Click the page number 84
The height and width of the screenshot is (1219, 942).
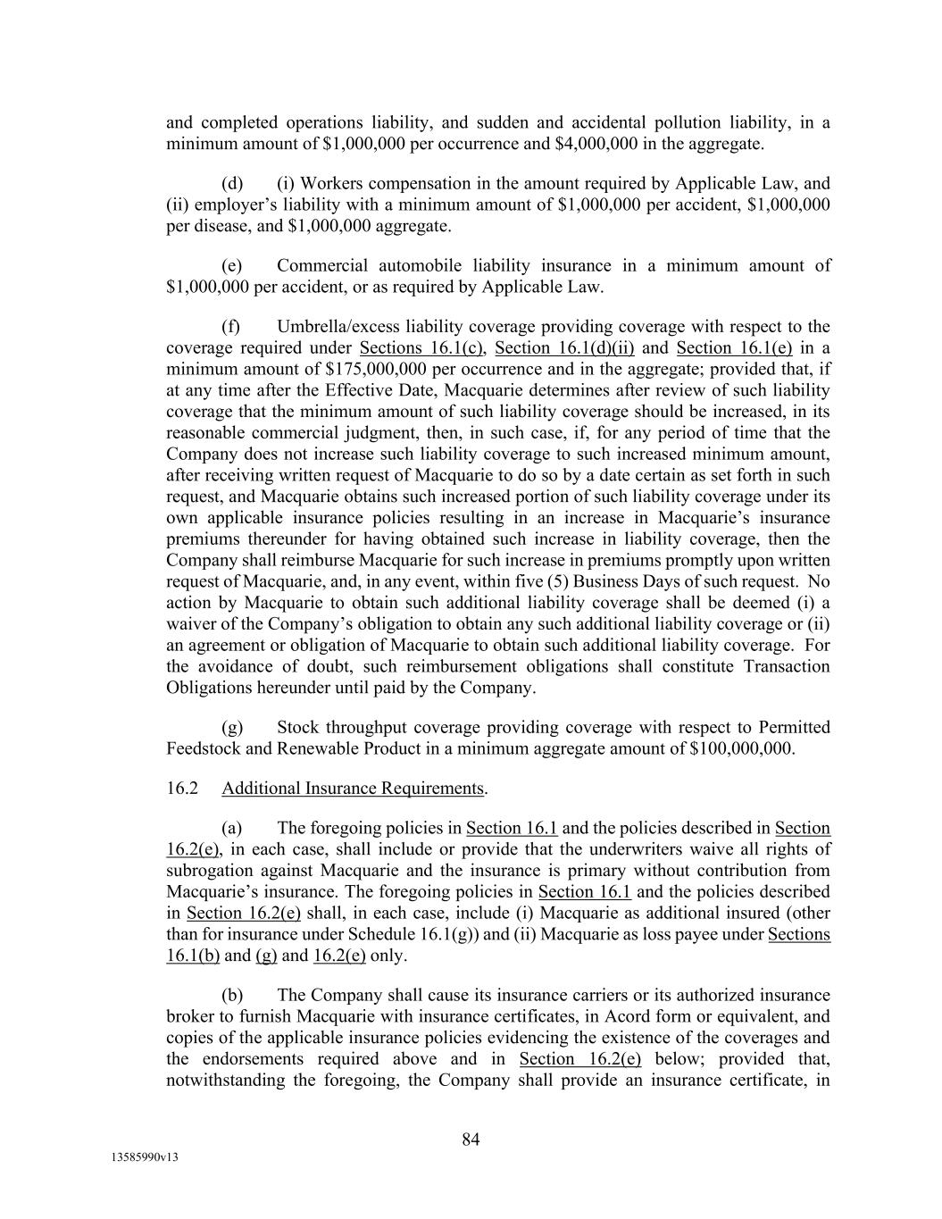point(471,1140)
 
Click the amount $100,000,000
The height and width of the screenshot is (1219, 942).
point(742,748)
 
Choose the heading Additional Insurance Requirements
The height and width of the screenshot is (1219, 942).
point(353,789)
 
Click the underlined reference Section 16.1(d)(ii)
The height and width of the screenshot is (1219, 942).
point(564,347)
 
